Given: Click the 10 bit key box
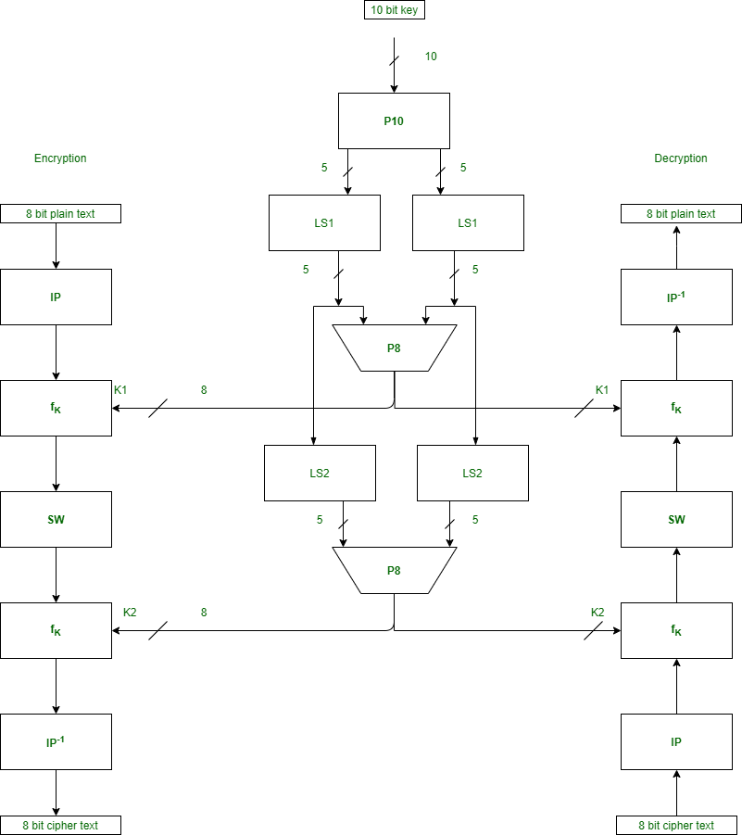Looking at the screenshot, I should pyautogui.click(x=394, y=10).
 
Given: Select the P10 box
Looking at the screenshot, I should pyautogui.click(x=394, y=120).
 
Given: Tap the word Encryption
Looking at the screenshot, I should pyautogui.click(x=60, y=158).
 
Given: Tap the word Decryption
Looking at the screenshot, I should pyautogui.click(x=681, y=158).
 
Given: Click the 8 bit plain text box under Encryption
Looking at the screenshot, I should pyautogui.click(x=60, y=214).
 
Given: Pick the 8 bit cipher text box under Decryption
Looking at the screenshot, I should pyautogui.click(x=676, y=825).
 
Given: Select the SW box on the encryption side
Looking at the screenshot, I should pyautogui.click(x=56, y=519).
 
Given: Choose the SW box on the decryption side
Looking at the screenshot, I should pyautogui.click(x=676, y=519).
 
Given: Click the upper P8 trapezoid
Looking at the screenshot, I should pyautogui.click(x=394, y=348).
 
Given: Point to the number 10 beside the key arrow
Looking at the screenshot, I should pyautogui.click(x=431, y=57).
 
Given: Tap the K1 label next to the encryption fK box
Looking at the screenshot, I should pyautogui.click(x=120, y=390).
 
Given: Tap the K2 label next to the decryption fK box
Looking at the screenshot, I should pyautogui.click(x=597, y=613).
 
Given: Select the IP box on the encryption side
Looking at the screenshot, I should pyautogui.click(x=56, y=297).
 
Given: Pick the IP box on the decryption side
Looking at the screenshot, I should pyautogui.click(x=676, y=741).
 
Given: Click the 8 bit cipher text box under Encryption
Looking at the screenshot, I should pyautogui.click(x=60, y=825).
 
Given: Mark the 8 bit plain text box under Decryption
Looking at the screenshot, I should pyautogui.click(x=681, y=214).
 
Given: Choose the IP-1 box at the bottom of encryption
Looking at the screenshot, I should pyautogui.click(x=56, y=741).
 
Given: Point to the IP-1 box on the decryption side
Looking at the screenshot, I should pyautogui.click(x=676, y=297).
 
